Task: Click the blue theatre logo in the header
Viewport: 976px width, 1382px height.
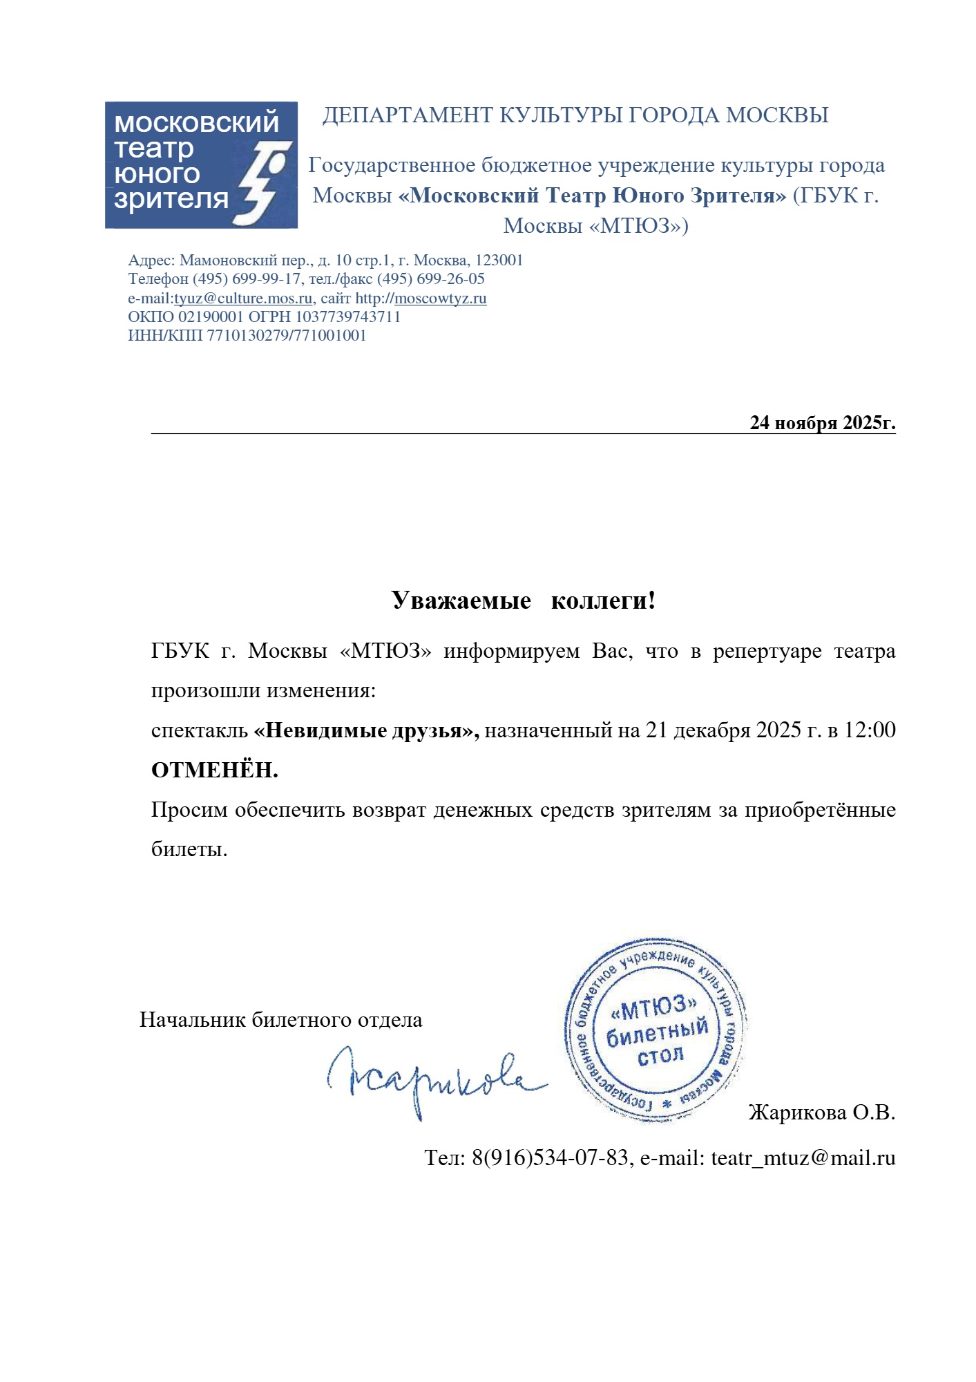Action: (200, 164)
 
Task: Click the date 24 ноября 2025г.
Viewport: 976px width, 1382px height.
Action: (822, 422)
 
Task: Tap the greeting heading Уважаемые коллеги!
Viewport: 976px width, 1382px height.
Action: (523, 600)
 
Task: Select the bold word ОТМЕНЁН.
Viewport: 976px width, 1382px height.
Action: (214, 770)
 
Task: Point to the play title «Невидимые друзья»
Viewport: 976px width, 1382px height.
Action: (366, 730)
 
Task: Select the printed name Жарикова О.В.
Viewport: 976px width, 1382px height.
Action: (821, 1113)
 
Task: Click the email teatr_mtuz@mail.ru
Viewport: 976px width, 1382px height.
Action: (803, 1158)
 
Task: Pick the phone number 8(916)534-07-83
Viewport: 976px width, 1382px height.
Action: (551, 1158)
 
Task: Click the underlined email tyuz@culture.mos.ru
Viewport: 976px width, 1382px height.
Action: (243, 299)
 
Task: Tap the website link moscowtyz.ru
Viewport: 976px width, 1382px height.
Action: (440, 299)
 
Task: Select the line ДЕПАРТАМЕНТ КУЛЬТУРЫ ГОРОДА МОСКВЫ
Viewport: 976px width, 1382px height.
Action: (575, 115)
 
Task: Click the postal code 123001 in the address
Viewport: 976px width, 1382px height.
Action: (499, 261)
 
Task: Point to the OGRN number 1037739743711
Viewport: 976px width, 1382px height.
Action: (348, 317)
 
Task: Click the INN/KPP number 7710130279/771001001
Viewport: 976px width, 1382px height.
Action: (287, 336)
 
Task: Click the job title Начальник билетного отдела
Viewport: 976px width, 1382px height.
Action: (280, 1020)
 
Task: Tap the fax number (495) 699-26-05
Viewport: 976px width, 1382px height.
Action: (430, 279)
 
